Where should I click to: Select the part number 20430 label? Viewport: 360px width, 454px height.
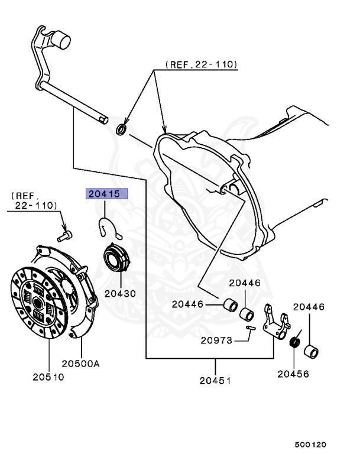click(x=120, y=293)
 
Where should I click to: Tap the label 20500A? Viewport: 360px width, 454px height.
click(x=81, y=364)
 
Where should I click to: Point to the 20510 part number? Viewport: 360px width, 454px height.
click(x=48, y=376)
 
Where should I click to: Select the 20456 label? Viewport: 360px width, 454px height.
click(x=294, y=373)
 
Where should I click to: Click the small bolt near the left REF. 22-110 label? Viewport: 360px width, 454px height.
click(x=64, y=235)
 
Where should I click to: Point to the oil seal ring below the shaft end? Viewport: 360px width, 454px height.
click(x=121, y=129)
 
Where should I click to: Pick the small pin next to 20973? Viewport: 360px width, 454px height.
click(x=251, y=329)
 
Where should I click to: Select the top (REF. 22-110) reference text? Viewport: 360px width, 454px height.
click(x=201, y=63)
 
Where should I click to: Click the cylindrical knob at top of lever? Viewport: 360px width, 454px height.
click(x=61, y=41)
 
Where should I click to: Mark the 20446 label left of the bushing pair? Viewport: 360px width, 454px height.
click(x=187, y=304)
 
